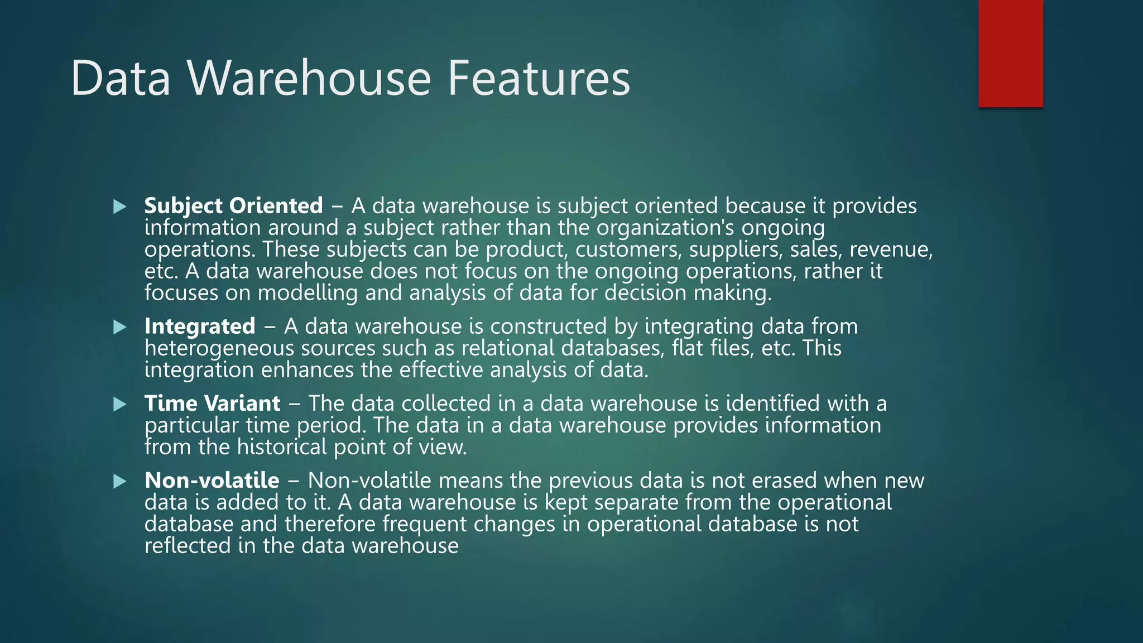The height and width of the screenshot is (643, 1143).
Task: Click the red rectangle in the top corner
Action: coord(1010,54)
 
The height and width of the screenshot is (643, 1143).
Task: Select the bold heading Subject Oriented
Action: coord(233,206)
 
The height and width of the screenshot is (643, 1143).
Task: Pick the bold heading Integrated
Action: coord(200,327)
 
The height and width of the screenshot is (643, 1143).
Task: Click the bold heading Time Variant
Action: coord(212,404)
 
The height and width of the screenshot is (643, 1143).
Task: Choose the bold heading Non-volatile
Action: coord(212,481)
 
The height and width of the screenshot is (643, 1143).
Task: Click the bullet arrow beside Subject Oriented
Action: coord(120,207)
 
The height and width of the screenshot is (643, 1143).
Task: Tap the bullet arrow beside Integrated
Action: coord(120,327)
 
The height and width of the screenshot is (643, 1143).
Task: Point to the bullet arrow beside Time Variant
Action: coord(120,404)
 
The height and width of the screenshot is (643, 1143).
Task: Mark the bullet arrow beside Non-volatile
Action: coord(120,481)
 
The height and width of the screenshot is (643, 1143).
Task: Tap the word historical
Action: coord(282,447)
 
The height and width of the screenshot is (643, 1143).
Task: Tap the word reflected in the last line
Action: coord(188,546)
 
